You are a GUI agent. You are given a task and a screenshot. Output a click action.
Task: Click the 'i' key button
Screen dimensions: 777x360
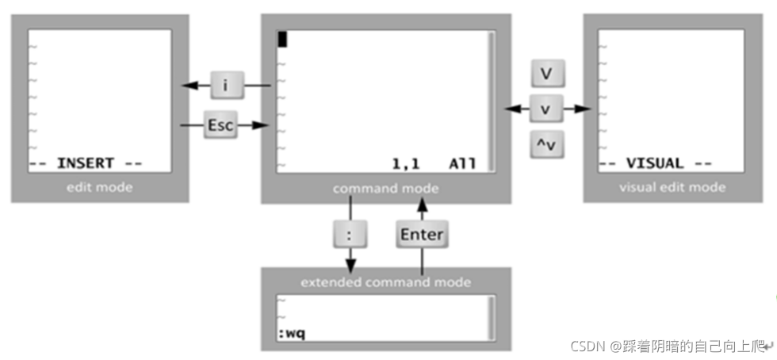(225, 84)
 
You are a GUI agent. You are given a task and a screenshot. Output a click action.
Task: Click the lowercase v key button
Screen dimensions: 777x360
(546, 109)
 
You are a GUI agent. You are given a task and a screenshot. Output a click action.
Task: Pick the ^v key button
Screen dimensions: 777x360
(546, 144)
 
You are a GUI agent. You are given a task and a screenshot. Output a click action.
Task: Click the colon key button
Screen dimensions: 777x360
(350, 235)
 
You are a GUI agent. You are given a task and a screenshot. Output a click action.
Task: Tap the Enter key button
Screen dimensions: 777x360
(421, 235)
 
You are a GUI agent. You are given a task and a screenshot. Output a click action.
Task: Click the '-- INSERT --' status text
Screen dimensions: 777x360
(86, 163)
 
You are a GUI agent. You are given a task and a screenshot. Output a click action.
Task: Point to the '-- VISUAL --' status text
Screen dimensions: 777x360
(655, 163)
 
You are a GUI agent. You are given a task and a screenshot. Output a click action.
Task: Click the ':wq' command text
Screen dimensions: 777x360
(291, 332)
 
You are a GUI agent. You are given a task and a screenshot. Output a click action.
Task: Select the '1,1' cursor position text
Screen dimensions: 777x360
(405, 164)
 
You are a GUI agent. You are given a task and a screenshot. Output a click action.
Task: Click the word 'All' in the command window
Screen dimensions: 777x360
(462, 164)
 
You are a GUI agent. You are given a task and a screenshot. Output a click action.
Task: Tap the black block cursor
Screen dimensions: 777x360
(282, 39)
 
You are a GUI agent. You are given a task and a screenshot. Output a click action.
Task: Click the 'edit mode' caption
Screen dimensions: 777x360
(100, 187)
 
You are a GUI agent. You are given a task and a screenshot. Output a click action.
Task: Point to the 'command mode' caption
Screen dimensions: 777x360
(385, 189)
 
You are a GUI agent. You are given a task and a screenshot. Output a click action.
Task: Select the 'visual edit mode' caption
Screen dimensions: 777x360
(672, 187)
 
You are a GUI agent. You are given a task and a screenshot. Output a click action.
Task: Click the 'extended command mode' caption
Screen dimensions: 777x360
(385, 282)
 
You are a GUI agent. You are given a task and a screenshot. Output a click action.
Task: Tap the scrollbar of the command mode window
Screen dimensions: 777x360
(492, 99)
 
